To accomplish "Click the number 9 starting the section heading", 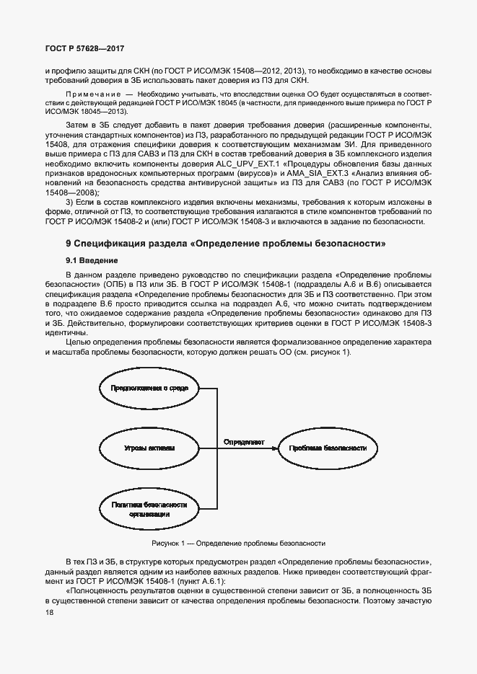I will [x=68, y=244].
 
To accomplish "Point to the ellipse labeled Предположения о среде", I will [x=149, y=389].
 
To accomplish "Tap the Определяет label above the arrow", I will [x=243, y=440].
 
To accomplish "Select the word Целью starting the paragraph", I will [x=77, y=342].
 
